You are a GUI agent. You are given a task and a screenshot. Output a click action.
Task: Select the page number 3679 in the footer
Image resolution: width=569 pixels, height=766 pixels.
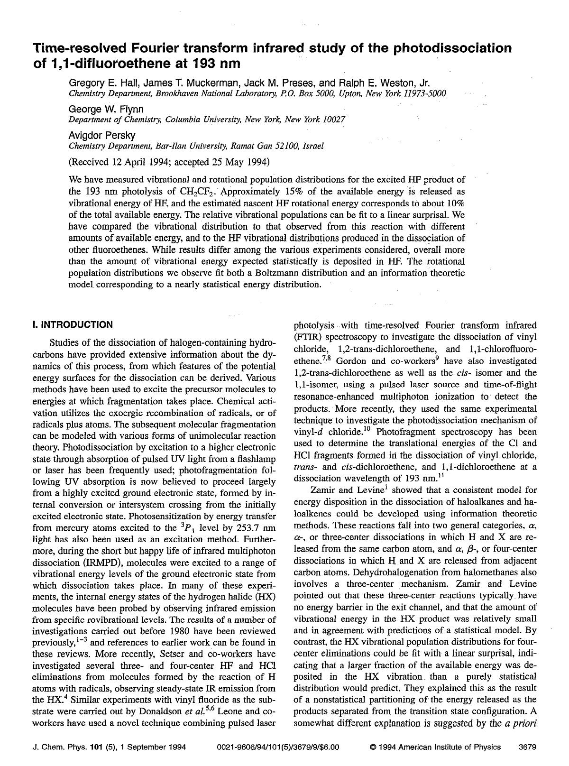(x=527, y=747)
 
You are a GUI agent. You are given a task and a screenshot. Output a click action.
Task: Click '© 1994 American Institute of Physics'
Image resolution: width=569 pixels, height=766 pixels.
(x=434, y=747)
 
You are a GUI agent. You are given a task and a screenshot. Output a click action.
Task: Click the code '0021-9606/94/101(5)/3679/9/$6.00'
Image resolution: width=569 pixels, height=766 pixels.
(x=278, y=747)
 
